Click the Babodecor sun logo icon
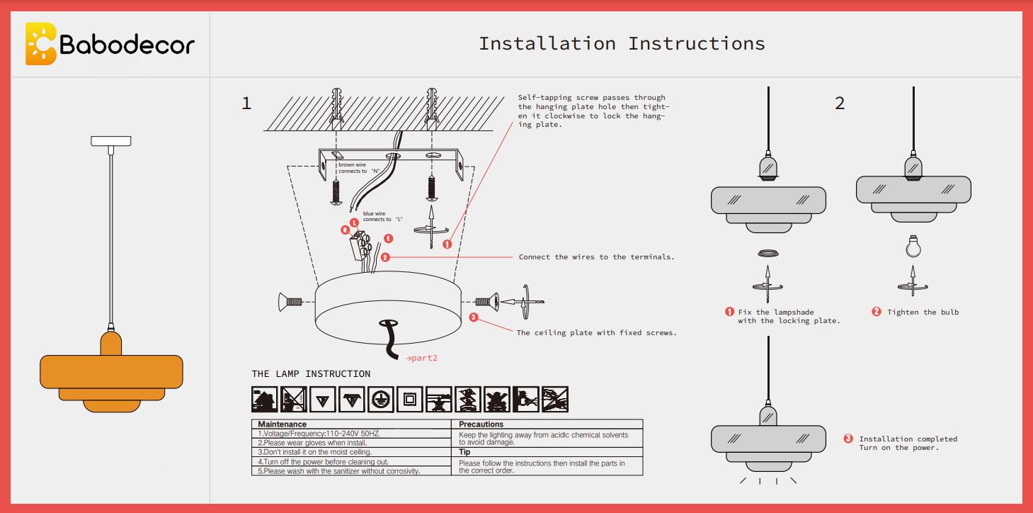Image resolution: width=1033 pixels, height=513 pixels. (x=40, y=44)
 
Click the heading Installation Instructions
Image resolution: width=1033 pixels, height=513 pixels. (x=622, y=44)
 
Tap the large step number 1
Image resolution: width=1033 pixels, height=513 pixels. (x=246, y=103)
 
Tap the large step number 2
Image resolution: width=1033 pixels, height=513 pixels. (x=840, y=103)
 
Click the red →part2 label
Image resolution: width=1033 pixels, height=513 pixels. (x=422, y=358)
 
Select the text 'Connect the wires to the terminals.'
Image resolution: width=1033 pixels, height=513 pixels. (x=596, y=257)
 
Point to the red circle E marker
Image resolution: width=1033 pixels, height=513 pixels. (x=388, y=239)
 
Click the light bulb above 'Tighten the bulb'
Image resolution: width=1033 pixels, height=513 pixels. (x=913, y=246)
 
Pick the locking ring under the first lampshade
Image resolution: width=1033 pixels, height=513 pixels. (x=767, y=253)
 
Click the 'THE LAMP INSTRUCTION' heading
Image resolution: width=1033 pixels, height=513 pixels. (x=311, y=374)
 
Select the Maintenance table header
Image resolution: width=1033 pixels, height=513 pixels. (x=282, y=424)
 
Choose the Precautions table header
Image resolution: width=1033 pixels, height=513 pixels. (x=481, y=424)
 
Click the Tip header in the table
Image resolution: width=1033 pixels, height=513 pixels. (x=464, y=452)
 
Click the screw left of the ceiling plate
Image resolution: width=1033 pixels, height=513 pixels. (x=291, y=303)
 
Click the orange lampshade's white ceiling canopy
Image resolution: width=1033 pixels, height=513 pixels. (x=111, y=140)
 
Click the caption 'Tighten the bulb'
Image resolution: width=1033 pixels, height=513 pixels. (x=923, y=312)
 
